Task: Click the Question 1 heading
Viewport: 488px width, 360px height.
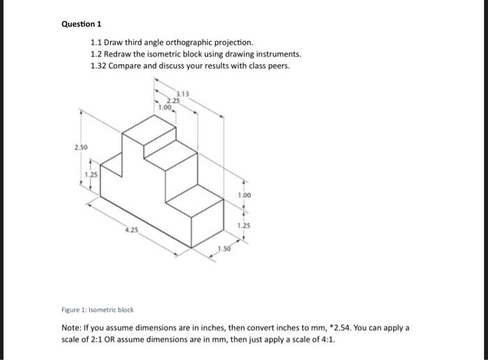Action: coord(81,24)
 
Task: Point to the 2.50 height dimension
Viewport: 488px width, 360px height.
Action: coord(82,148)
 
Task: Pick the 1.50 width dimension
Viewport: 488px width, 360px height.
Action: coord(224,249)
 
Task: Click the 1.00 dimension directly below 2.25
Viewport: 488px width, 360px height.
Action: coord(165,107)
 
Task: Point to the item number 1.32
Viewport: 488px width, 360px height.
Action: coord(100,66)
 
